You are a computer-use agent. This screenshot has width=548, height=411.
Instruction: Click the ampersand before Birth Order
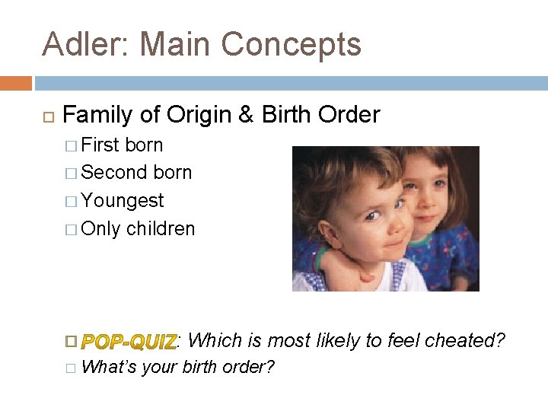tap(246, 115)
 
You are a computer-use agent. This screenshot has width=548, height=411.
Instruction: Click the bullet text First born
tap(122, 145)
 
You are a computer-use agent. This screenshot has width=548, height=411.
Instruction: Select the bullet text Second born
tap(136, 173)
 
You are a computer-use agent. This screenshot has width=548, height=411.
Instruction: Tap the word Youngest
tap(123, 201)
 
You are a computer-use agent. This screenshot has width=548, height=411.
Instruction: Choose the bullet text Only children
tap(138, 229)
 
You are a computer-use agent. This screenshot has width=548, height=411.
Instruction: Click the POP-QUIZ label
tap(129, 341)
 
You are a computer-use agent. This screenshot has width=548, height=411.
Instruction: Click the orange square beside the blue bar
tap(15, 83)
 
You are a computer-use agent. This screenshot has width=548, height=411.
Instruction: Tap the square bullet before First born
tap(72, 145)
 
